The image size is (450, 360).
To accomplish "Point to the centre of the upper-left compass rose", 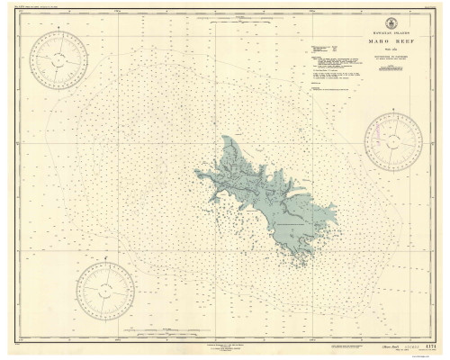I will click(58, 60).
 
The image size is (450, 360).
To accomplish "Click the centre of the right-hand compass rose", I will click(393, 142).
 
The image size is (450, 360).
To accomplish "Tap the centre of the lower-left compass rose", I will click(105, 291).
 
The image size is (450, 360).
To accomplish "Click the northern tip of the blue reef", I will click(225, 138).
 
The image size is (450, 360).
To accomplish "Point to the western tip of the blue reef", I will click(196, 175).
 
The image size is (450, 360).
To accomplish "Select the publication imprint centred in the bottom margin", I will click(225, 346).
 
